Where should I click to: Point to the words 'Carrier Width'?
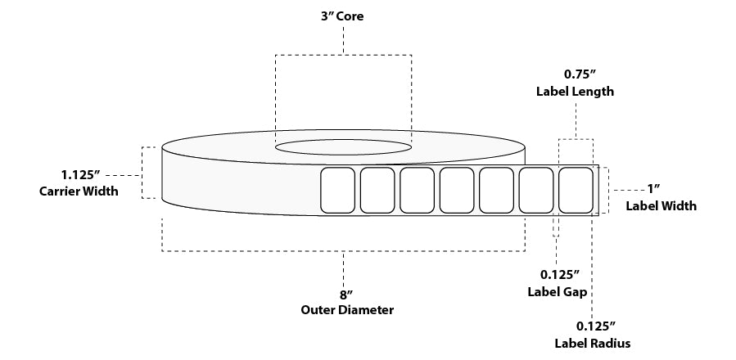click(79, 191)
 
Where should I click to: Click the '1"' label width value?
click(653, 190)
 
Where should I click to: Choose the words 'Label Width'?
click(661, 205)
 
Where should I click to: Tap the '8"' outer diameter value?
click(343, 295)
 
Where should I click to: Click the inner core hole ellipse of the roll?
click(343, 147)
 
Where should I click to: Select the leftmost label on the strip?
click(336, 190)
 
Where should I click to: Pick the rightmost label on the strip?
click(576, 190)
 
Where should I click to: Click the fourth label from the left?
click(456, 190)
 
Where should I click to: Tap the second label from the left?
click(377, 190)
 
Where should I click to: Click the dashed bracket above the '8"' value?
click(343, 250)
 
